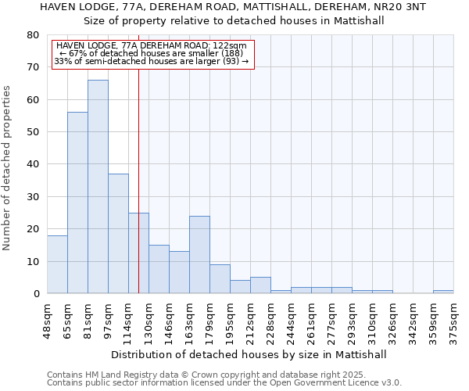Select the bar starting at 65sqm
click(x=77, y=203)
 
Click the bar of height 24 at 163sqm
click(x=199, y=254)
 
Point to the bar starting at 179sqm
click(x=220, y=278)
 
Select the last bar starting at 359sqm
click(x=443, y=292)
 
